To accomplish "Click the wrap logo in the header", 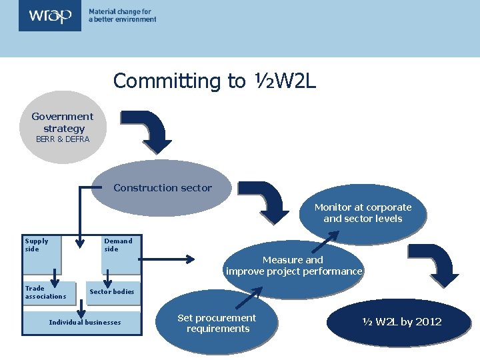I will (x=49, y=15).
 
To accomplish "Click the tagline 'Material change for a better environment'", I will (x=122, y=15).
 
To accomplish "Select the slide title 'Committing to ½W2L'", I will (x=214, y=81).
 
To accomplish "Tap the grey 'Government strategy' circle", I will (x=63, y=127).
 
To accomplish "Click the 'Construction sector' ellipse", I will (x=162, y=188).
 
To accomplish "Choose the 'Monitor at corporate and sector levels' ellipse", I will (x=363, y=213).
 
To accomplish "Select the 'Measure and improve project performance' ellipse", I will (x=293, y=265).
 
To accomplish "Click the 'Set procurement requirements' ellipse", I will (x=217, y=323).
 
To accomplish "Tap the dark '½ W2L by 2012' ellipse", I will (x=402, y=322).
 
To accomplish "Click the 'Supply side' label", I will (x=37, y=245).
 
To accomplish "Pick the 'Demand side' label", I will (x=118, y=245).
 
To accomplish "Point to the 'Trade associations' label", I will (x=45, y=292).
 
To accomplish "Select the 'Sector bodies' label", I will (x=111, y=291).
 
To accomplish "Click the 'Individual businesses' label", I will (x=85, y=323).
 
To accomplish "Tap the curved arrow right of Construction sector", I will (x=267, y=201).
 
